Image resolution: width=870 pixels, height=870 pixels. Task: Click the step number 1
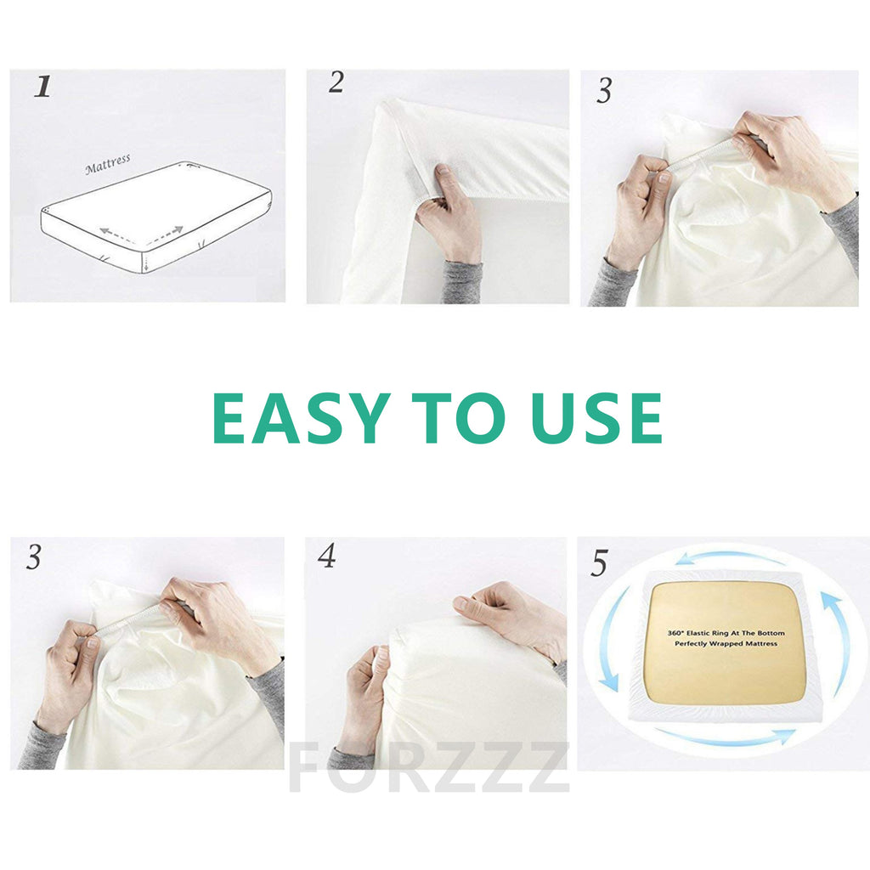(x=42, y=86)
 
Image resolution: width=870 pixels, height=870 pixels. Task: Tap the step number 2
(x=336, y=82)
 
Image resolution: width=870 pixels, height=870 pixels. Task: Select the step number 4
(x=327, y=556)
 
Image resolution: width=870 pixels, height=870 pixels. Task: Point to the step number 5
(x=600, y=562)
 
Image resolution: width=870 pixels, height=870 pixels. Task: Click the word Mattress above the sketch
(x=108, y=165)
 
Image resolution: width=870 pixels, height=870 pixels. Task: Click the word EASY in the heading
(x=299, y=418)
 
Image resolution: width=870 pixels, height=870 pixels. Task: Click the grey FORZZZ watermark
(x=428, y=767)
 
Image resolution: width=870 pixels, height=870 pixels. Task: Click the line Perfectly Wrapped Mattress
(x=726, y=644)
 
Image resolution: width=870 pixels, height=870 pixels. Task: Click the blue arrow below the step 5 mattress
(x=726, y=739)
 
